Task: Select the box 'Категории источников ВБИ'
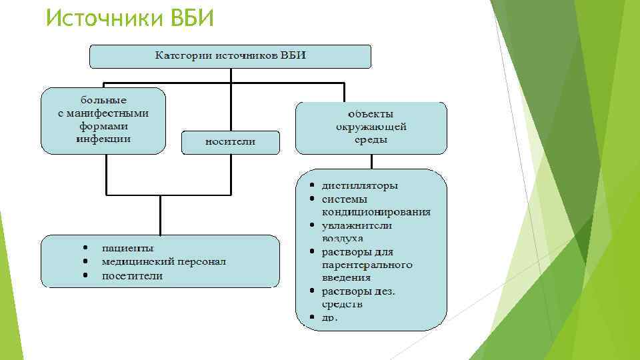pos(231,55)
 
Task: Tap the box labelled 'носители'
pos(230,141)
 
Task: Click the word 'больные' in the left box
pos(103,100)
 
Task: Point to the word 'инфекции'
pos(103,139)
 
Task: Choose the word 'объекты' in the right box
pos(371,113)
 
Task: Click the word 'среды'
pos(371,140)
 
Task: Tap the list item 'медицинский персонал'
pos(163,261)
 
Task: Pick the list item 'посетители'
pos(132,275)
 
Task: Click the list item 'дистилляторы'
pos(359,185)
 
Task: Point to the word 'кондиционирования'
pos(376,212)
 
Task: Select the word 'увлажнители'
pos(357,225)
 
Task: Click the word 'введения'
pos(346,277)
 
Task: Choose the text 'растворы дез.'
pos(358,291)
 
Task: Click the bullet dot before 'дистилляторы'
pos(311,185)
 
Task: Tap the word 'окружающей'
pos(371,127)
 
